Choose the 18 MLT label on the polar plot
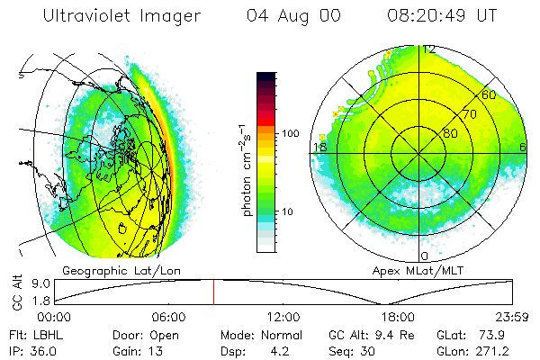[x=319, y=147]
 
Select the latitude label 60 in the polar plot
[x=489, y=94]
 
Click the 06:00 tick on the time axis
[x=168, y=317]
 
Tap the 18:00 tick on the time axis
[x=397, y=317]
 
